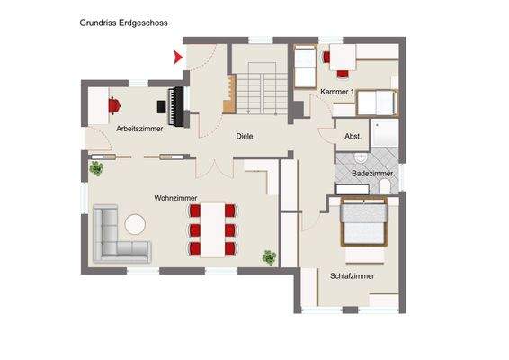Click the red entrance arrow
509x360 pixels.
pyautogui.click(x=177, y=58)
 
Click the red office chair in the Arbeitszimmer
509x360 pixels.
pyautogui.click(x=114, y=104)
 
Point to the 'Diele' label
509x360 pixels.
pyautogui.click(x=244, y=137)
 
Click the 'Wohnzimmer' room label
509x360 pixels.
pyautogui.click(x=175, y=198)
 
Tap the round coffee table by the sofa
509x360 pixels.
pyautogui.click(x=136, y=223)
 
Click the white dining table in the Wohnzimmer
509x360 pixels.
pyautogui.click(x=213, y=229)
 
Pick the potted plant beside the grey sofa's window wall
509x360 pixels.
pyautogui.click(x=95, y=167)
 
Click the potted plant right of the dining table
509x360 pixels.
pyautogui.click(x=269, y=257)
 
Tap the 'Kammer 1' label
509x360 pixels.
pyautogui.click(x=335, y=93)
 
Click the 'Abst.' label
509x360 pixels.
pyautogui.click(x=353, y=136)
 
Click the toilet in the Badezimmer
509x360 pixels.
pyautogui.click(x=385, y=185)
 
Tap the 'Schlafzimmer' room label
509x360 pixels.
pyautogui.click(x=352, y=276)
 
